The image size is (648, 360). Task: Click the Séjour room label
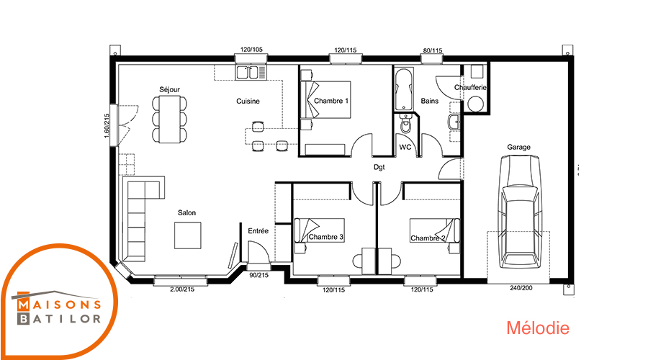[x=169, y=90]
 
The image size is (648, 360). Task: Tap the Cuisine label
[x=248, y=101]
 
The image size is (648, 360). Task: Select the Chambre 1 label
[x=331, y=100]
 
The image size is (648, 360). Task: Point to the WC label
[x=405, y=147]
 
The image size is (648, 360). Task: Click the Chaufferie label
[x=470, y=87]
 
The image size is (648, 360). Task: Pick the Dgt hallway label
[x=379, y=167]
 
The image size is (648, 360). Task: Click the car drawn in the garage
[x=519, y=212]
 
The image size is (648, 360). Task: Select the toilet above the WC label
[x=406, y=124]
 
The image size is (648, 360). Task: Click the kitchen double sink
[x=251, y=72]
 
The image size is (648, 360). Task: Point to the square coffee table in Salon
[x=188, y=235]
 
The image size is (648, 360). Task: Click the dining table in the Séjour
[x=169, y=119]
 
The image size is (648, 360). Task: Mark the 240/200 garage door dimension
[x=521, y=288]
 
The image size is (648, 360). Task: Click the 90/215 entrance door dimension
[x=258, y=275]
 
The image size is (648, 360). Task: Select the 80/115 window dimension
[x=433, y=50]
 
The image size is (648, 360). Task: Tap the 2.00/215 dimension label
[x=182, y=289]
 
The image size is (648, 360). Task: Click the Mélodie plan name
[x=538, y=328]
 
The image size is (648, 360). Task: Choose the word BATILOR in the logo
[x=60, y=319]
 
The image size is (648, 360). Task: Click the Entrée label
[x=258, y=231]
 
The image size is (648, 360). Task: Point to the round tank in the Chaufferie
[x=475, y=104]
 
